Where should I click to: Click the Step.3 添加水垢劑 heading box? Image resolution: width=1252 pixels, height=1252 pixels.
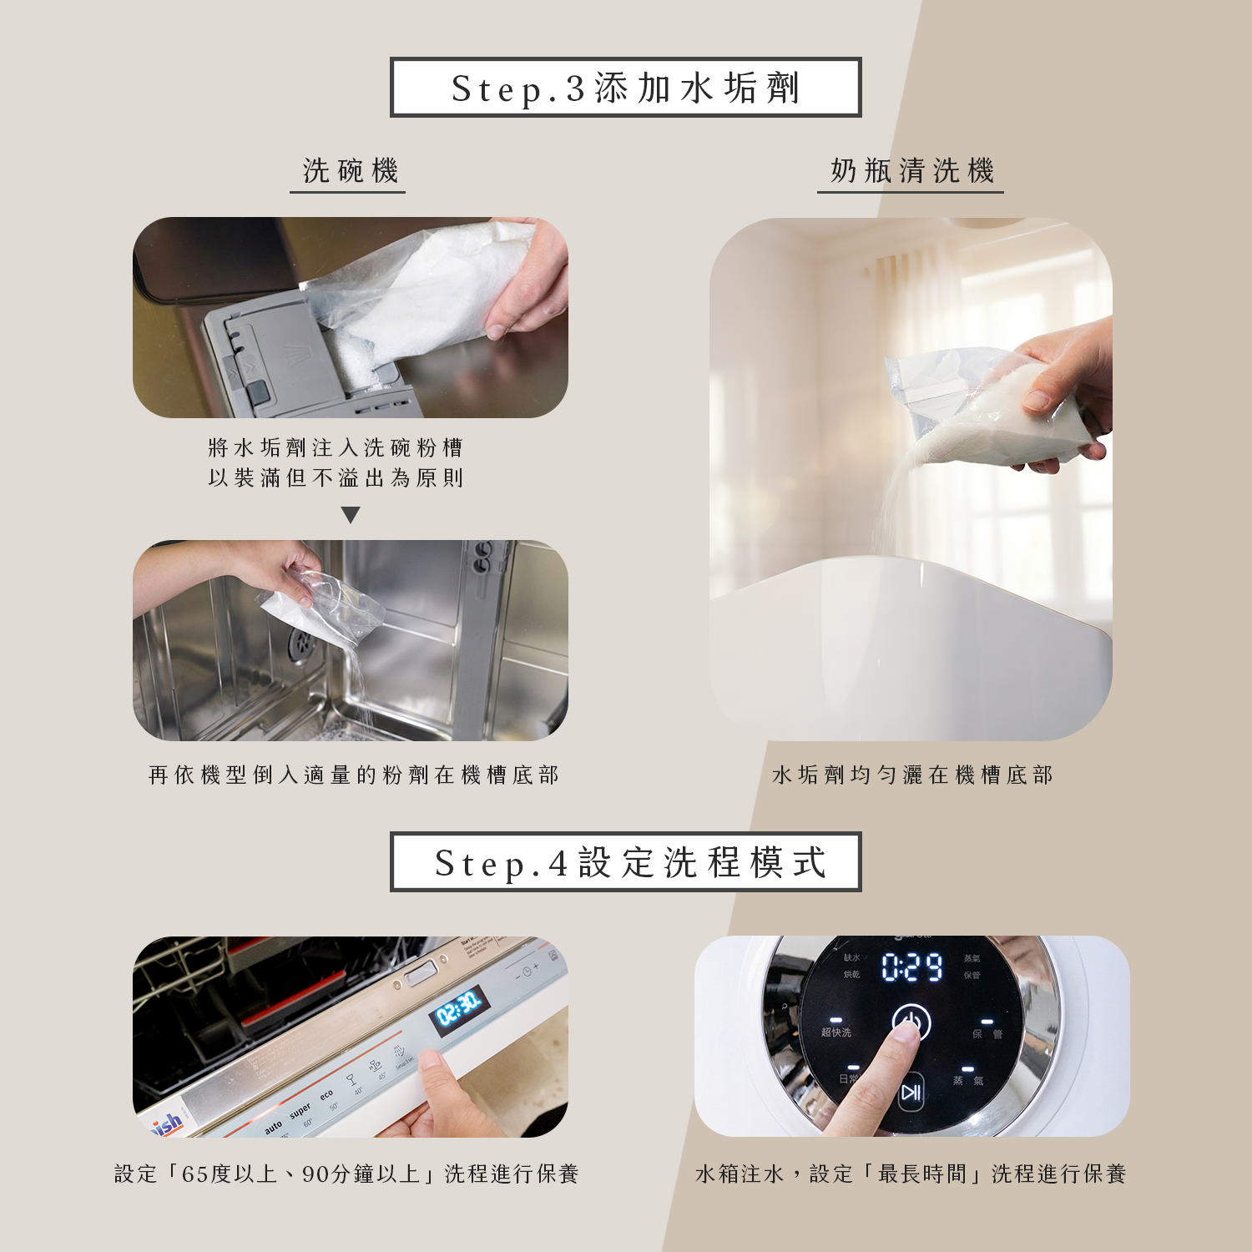coord(625,88)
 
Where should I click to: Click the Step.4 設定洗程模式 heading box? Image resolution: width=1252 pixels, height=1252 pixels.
coord(625,862)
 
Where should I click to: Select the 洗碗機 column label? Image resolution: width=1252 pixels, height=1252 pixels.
coord(350,171)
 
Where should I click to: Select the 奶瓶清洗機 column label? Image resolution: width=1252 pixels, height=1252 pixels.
coord(911,171)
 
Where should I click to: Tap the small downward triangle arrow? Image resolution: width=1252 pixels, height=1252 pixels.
coord(351,515)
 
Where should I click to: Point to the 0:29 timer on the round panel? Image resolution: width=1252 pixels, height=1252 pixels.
coord(911,967)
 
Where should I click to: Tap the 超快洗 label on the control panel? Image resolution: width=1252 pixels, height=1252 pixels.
coord(836,1032)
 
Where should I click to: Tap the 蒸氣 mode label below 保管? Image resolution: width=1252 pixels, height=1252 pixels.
coord(967,1080)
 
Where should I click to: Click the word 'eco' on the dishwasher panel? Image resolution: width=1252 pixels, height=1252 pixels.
coord(326,1094)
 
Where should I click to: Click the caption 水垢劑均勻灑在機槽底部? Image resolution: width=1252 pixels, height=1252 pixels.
coord(911,775)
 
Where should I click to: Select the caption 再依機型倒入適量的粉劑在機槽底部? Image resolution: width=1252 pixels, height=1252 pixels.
coord(353,775)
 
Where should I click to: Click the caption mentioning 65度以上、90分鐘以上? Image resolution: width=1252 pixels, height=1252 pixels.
coord(346,1174)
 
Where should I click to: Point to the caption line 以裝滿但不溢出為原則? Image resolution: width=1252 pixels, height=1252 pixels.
coord(336,478)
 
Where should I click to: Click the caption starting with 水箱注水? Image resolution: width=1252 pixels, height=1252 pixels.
coord(911,1174)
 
